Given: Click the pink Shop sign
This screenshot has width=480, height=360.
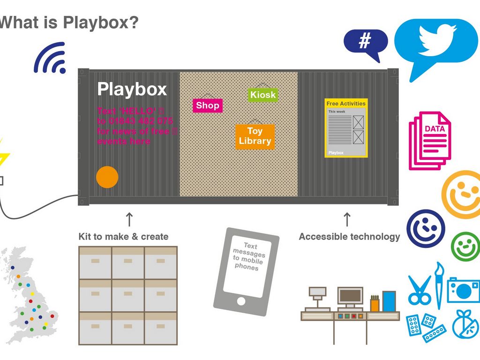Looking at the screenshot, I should [208, 105].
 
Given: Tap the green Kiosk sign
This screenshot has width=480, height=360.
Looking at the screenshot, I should [263, 95].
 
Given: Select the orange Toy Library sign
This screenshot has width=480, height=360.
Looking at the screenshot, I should [255, 136].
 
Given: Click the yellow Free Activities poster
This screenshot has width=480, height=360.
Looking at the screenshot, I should [346, 128].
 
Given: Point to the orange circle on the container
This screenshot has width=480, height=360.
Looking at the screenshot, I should [107, 177].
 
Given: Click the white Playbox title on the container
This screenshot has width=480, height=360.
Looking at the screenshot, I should [132, 89].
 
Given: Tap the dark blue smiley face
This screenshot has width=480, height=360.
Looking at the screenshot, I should [426, 228].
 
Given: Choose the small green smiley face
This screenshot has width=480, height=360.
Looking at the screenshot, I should [465, 247].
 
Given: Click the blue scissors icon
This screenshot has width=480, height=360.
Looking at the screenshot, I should [419, 290].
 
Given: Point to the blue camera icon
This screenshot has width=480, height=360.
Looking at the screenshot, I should [463, 290].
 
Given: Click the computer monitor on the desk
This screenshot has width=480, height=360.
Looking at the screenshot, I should [350, 297].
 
